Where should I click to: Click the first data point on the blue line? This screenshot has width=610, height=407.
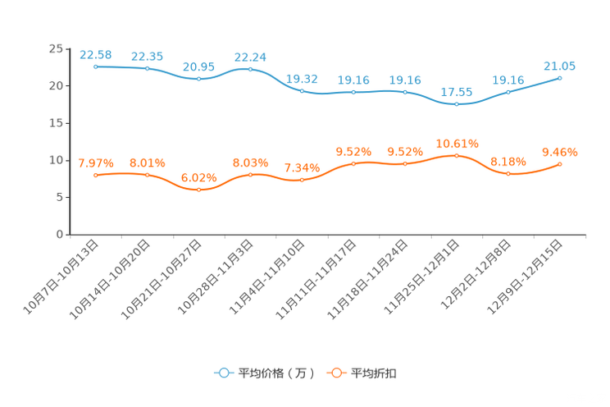(x=96, y=66)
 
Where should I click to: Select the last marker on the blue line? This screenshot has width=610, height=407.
(x=560, y=78)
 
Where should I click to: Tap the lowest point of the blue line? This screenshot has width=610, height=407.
(x=457, y=105)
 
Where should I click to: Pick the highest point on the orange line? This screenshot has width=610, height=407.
(x=457, y=155)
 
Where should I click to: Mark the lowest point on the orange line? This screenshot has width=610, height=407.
(x=199, y=190)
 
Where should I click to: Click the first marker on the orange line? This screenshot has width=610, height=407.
(x=96, y=175)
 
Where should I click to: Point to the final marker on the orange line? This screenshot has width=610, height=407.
(x=560, y=164)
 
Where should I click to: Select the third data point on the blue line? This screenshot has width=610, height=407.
(x=199, y=79)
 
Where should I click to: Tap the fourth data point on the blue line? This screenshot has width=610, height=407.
(x=250, y=69)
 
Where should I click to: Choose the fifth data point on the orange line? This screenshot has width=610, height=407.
(x=302, y=180)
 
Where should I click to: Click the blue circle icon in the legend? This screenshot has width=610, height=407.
(x=224, y=373)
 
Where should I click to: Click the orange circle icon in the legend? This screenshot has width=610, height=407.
(x=336, y=373)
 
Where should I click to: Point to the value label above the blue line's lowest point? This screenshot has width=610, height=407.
(x=457, y=93)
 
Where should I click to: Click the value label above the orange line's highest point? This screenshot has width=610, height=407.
(x=457, y=144)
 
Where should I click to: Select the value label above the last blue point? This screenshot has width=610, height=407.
(x=560, y=66)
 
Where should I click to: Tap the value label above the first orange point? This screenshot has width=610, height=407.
(x=96, y=163)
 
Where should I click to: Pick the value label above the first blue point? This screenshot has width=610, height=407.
(x=96, y=55)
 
